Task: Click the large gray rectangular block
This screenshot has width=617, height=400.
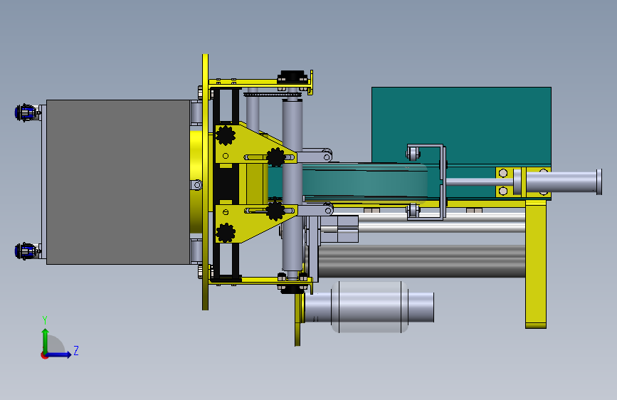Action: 118,182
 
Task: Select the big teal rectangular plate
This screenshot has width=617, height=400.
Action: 461,125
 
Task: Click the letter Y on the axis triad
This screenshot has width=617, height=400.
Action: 45,320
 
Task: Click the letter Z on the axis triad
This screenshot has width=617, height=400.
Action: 76,350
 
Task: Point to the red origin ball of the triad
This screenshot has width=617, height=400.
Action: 44,355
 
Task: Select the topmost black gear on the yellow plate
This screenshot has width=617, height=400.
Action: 226,135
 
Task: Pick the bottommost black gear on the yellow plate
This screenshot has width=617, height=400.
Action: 226,233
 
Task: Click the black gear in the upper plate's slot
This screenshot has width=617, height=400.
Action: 276,157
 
